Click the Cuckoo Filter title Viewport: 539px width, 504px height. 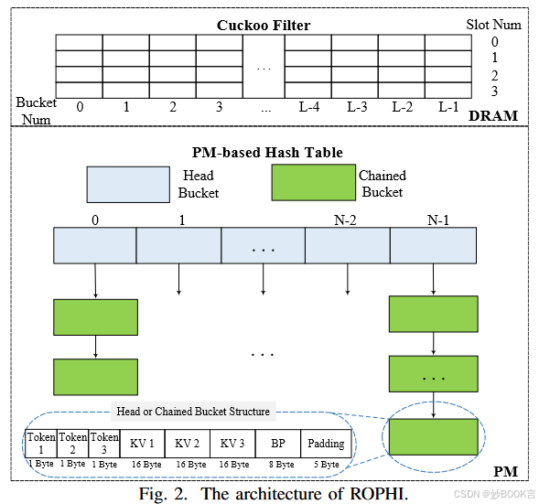click(x=263, y=25)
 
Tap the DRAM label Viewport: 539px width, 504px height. click(x=493, y=115)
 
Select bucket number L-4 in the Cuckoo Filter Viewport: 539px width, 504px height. click(x=310, y=107)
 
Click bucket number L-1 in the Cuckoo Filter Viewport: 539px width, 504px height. click(x=447, y=107)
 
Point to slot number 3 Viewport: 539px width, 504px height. click(x=494, y=91)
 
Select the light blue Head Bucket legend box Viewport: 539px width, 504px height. click(x=128, y=183)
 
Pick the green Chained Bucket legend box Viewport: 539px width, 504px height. click(x=313, y=183)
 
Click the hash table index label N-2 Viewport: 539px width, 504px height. click(x=346, y=220)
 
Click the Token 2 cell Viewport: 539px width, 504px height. click(x=73, y=443)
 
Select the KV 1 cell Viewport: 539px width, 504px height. click(x=142, y=444)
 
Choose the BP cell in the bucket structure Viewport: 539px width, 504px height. click(x=277, y=444)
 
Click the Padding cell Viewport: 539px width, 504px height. click(x=326, y=444)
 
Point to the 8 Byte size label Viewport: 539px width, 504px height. click(x=278, y=465)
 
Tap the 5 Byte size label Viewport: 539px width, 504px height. click(x=325, y=465)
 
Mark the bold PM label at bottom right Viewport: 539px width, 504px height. click(x=505, y=471)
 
